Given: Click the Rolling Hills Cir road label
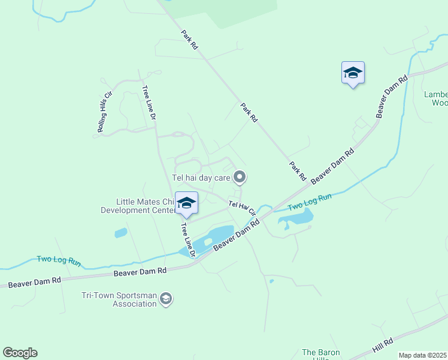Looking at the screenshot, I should pyautogui.click(x=105, y=112).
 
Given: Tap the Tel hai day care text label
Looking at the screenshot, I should pyautogui.click(x=201, y=177).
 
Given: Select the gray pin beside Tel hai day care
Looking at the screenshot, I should pyautogui.click(x=240, y=176).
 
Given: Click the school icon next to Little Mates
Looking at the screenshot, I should pyautogui.click(x=186, y=204).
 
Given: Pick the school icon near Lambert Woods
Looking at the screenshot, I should pyautogui.click(x=353, y=73).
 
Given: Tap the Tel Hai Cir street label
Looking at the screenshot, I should pyautogui.click(x=243, y=208).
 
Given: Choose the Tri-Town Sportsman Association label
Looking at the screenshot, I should pyautogui.click(x=119, y=299).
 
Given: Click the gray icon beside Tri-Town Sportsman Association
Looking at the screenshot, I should pyautogui.click(x=167, y=299).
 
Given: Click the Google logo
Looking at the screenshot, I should pyautogui.click(x=20, y=353).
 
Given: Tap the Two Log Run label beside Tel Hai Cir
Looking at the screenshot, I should pyautogui.click(x=310, y=202).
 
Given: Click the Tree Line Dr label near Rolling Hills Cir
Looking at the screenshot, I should pyautogui.click(x=149, y=103).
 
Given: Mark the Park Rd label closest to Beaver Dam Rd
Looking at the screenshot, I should pyautogui.click(x=298, y=171).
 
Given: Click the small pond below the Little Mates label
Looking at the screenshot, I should pyautogui.click(x=120, y=233).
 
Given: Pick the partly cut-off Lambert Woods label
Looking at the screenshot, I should pyautogui.click(x=435, y=98).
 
